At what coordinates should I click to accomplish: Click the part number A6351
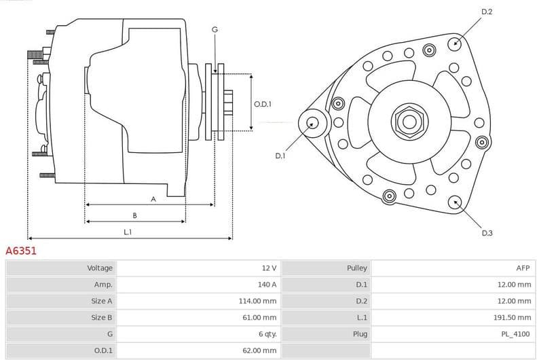(x=21, y=251)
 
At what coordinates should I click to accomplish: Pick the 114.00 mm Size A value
(x=259, y=301)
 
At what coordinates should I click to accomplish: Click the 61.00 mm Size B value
(x=261, y=317)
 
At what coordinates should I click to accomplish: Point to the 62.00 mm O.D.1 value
(x=261, y=350)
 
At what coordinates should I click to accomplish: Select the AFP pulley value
(x=523, y=268)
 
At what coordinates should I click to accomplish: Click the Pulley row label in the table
(x=357, y=268)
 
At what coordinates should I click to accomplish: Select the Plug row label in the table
(x=360, y=334)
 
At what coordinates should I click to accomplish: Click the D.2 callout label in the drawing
(x=487, y=12)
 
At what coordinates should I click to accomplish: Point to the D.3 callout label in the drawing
(x=487, y=233)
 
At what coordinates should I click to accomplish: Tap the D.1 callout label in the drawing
(x=280, y=156)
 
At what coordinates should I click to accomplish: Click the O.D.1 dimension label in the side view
(x=263, y=104)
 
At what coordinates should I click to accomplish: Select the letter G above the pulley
(x=215, y=29)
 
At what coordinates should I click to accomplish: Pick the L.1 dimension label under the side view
(x=128, y=232)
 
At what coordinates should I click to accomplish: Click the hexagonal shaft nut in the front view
(x=409, y=122)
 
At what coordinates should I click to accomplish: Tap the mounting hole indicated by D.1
(x=312, y=123)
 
